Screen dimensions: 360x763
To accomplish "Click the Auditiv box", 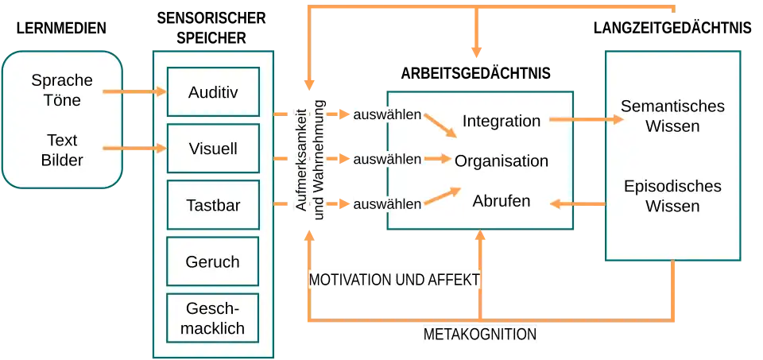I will (213, 91).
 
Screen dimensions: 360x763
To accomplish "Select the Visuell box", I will (213, 149).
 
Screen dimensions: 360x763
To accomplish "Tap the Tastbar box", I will (213, 205).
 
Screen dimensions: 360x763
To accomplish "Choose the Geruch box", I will (213, 261).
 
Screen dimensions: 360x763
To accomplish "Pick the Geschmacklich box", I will (213, 318).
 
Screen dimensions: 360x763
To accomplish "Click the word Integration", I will (502, 122).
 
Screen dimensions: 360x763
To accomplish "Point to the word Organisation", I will (502, 161).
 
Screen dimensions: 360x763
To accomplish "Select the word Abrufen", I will (502, 202).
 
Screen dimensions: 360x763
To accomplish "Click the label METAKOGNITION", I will (480, 335).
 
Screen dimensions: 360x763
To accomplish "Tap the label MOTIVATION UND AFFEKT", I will (394, 281).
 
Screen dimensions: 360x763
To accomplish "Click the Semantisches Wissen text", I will (672, 116).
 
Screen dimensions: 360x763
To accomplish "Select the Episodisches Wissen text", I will (672, 196).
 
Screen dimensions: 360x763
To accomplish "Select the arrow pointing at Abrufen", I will (578, 204).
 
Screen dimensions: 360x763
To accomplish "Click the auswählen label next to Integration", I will (387, 114).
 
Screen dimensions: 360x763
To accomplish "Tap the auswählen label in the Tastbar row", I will (387, 204).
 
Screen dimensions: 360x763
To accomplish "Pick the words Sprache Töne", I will (62, 91).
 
